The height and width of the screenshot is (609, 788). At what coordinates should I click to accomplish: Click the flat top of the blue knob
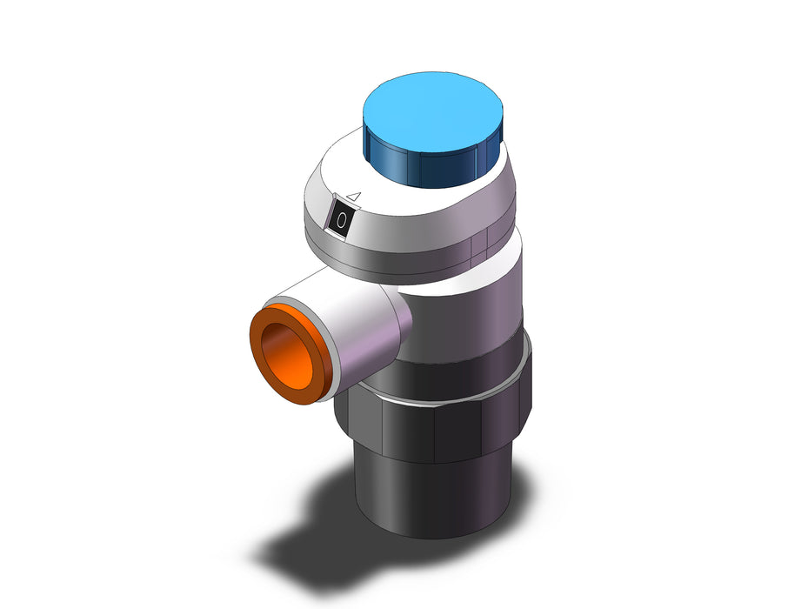click(x=432, y=111)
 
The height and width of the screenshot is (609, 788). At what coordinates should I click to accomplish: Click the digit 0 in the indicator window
click(x=342, y=220)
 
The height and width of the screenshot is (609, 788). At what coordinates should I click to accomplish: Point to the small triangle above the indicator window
click(x=355, y=196)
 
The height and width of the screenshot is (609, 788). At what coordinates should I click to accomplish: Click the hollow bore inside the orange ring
click(x=286, y=356)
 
